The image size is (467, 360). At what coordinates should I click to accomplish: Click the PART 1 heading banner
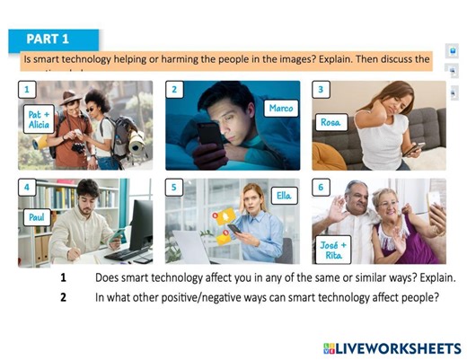pyautogui.click(x=55, y=39)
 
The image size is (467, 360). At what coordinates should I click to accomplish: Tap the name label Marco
pyautogui.click(x=281, y=109)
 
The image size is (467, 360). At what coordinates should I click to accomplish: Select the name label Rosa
pyautogui.click(x=330, y=121)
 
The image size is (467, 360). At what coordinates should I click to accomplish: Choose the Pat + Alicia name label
pyautogui.click(x=39, y=120)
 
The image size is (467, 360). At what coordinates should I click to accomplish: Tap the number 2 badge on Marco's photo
pyautogui.click(x=175, y=90)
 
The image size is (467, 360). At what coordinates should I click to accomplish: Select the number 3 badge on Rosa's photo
pyautogui.click(x=322, y=90)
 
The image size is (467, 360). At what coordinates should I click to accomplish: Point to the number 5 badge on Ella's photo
pyautogui.click(x=175, y=188)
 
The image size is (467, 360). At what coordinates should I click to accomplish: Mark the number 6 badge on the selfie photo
pyautogui.click(x=322, y=188)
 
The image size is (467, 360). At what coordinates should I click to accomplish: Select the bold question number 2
pyautogui.click(x=64, y=296)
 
